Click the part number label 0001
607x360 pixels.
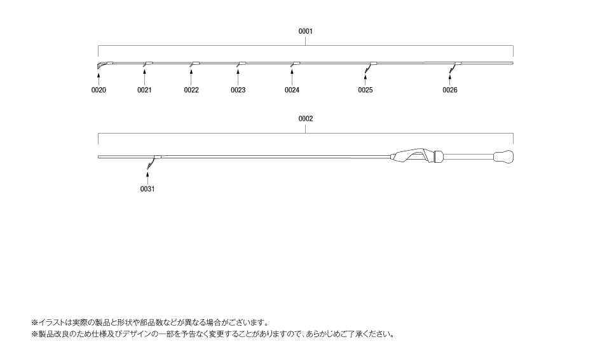306,31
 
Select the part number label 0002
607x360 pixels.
306,118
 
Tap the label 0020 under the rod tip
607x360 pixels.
99,90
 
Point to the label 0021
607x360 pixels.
144,90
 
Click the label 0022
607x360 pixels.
191,90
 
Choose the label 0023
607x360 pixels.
238,90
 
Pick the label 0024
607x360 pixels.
292,90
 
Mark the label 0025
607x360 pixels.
365,90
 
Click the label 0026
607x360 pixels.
450,90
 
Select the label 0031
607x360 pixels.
147,189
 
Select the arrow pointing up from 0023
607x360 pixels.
238,78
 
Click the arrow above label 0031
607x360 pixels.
147,177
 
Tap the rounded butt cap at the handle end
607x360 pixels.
504,157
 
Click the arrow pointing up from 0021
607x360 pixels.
144,78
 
